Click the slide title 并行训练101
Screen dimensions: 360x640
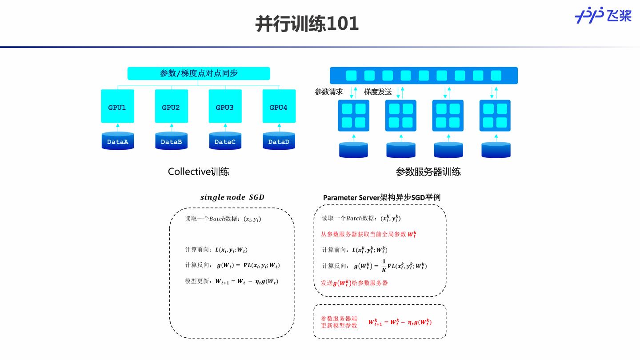(307, 24)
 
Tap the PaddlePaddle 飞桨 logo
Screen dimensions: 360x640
(603, 16)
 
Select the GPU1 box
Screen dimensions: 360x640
(117, 107)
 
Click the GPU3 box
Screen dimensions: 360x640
(225, 107)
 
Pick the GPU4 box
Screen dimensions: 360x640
(279, 107)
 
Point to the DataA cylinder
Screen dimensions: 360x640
(117, 141)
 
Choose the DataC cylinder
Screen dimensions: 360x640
(225, 141)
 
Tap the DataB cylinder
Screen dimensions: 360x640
(171, 141)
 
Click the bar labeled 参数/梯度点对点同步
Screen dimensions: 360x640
(199, 73)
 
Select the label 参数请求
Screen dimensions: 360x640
(329, 92)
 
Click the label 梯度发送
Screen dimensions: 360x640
(378, 92)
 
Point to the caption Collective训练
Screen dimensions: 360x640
(199, 172)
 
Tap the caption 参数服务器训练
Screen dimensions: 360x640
(428, 172)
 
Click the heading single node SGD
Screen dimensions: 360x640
(232, 197)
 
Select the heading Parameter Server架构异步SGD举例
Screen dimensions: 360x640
(382, 197)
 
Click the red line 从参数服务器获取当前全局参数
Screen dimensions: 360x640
(368, 234)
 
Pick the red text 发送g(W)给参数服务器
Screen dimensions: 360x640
(354, 283)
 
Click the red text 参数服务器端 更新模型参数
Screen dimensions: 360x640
(339, 322)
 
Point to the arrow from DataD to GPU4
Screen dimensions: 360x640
(279, 127)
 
